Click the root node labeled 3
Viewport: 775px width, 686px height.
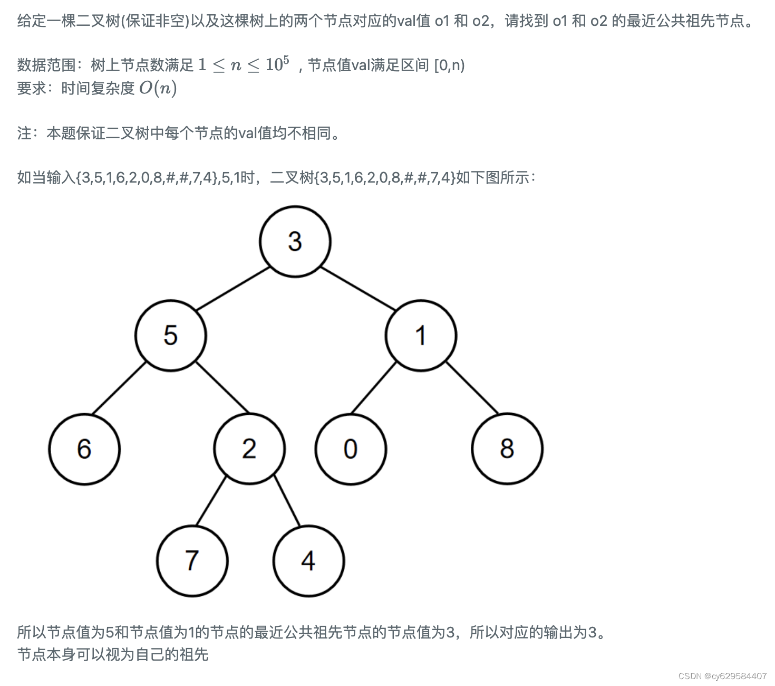(x=295, y=242)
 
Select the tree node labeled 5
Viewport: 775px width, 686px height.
(x=170, y=336)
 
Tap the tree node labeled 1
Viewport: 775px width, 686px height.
(x=421, y=336)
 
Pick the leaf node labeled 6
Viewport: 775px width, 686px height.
(x=84, y=449)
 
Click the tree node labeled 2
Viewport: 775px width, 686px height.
(x=249, y=449)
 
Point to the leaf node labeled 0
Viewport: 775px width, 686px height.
(x=351, y=449)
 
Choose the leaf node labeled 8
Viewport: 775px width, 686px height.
(x=507, y=449)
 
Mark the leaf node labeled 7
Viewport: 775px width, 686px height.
(x=192, y=561)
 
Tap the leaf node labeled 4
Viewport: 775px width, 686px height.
(x=309, y=561)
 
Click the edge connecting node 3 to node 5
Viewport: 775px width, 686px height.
(x=232, y=289)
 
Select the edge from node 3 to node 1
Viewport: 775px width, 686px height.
(x=358, y=289)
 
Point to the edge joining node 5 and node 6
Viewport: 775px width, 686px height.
(x=119, y=388)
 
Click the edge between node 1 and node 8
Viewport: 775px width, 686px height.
(x=472, y=387)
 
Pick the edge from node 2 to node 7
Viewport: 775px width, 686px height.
(x=211, y=501)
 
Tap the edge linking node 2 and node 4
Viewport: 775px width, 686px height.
(x=287, y=501)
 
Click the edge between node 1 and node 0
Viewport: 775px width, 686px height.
(x=373, y=388)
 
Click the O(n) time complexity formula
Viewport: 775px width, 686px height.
(x=158, y=88)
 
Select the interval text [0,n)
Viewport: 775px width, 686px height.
(x=449, y=65)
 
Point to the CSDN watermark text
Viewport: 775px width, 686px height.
(x=722, y=676)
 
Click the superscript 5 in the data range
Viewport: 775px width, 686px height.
(x=286, y=60)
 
